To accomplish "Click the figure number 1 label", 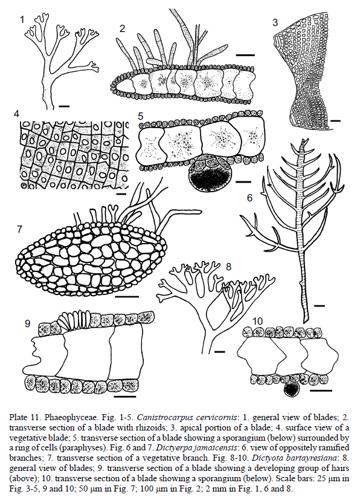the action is pos(22,20).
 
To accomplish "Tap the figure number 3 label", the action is pos(275,22).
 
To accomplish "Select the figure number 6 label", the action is pos(249,198).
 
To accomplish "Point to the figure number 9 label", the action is pos(28,323).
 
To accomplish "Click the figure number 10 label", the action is pos(257,321).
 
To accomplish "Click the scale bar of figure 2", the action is pos(245,55).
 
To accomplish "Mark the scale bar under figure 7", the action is pos(127,297).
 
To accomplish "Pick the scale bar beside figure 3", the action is pos(335,121).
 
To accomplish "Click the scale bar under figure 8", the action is pos(220,352).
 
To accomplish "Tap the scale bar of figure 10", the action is pos(321,391).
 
